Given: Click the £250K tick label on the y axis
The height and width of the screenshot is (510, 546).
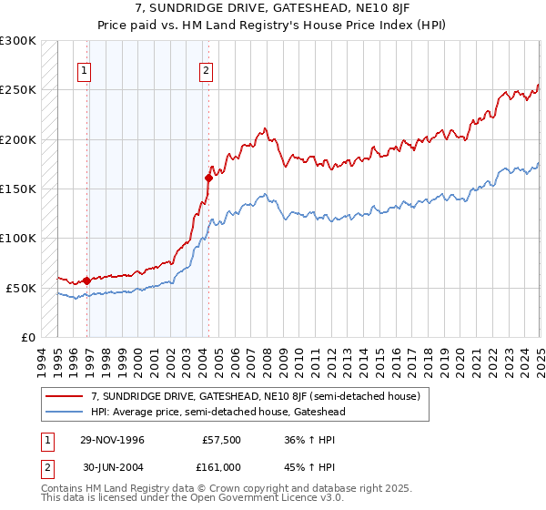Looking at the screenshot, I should [18, 90].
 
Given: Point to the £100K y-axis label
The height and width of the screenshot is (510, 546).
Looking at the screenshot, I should [18, 239].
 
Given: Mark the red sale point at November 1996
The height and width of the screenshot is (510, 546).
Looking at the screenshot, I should [87, 280].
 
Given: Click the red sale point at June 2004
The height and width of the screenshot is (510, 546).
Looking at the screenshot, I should [208, 178].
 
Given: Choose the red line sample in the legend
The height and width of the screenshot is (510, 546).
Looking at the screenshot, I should [64, 397].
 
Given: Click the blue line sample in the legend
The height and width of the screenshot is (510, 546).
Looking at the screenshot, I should [64, 412].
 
